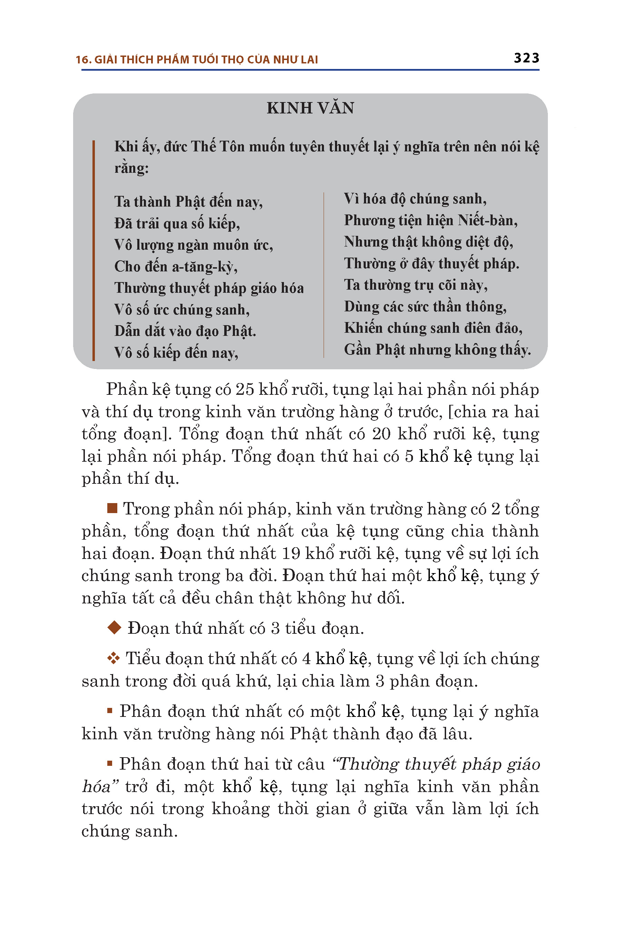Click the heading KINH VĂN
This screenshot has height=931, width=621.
(x=310, y=108)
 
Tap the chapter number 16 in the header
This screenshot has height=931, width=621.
(x=83, y=60)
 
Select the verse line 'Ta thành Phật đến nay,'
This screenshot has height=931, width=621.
(x=188, y=202)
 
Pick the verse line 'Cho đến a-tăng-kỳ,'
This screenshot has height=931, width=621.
(x=176, y=267)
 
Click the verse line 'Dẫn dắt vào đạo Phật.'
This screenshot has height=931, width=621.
(x=185, y=331)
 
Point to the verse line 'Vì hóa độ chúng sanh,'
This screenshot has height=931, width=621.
(x=415, y=199)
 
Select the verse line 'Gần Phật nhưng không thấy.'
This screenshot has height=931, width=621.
(x=437, y=350)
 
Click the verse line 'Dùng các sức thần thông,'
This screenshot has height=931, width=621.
(x=425, y=307)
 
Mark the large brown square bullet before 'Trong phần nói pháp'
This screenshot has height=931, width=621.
(x=112, y=508)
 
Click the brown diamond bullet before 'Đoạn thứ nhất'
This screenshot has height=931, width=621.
(x=114, y=628)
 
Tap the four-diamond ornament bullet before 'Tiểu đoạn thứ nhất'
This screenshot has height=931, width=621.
(x=113, y=658)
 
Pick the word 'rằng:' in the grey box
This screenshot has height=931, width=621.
(x=131, y=168)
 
